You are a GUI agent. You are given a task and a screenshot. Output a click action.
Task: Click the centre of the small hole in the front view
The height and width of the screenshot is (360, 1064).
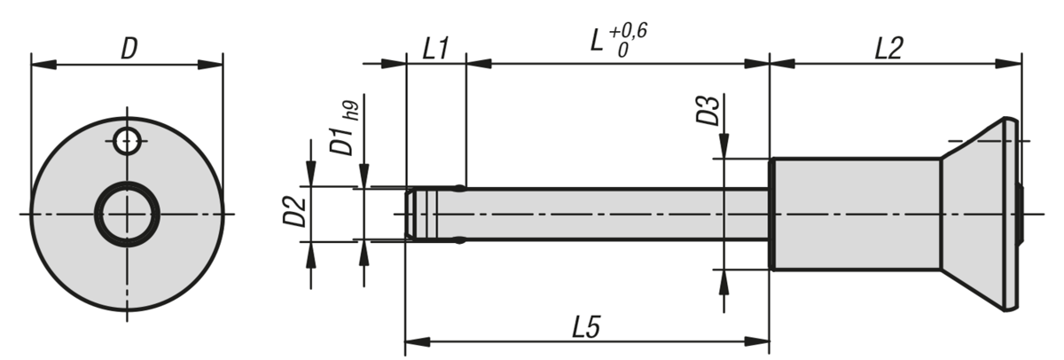(x=128, y=141)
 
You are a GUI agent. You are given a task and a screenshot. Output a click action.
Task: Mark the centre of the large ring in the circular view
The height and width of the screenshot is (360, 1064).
(x=127, y=215)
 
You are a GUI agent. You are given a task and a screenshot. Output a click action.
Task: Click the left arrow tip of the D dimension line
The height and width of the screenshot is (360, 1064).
(x=31, y=65)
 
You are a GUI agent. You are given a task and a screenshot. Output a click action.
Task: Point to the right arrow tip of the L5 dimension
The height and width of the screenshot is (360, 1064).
(x=769, y=341)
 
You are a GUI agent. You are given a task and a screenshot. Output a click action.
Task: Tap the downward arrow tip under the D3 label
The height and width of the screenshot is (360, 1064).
(x=724, y=158)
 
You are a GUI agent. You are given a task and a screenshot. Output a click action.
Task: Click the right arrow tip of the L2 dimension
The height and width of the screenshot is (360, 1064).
(x=1021, y=64)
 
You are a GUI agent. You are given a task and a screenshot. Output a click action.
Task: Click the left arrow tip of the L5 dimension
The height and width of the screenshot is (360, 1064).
(x=405, y=341)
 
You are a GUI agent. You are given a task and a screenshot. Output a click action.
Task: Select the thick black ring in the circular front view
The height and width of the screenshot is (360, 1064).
(x=127, y=215)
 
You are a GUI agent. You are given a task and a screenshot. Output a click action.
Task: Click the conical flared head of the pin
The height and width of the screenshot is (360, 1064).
(x=982, y=215)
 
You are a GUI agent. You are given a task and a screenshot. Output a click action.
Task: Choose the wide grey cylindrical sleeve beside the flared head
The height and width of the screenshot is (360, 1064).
(x=856, y=215)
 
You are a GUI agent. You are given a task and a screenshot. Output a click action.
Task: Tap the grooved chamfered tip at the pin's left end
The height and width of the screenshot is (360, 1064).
(x=421, y=215)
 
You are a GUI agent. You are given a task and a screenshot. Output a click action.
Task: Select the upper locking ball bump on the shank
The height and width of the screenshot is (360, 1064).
(x=459, y=188)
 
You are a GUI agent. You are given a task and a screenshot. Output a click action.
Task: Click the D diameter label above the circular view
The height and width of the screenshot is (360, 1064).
(x=129, y=50)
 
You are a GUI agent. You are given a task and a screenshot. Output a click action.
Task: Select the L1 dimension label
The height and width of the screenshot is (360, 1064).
(x=435, y=49)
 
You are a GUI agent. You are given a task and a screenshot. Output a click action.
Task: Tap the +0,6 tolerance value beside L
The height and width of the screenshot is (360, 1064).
(x=628, y=31)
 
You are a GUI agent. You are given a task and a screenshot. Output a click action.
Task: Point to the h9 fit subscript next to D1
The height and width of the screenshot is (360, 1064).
(x=354, y=112)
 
